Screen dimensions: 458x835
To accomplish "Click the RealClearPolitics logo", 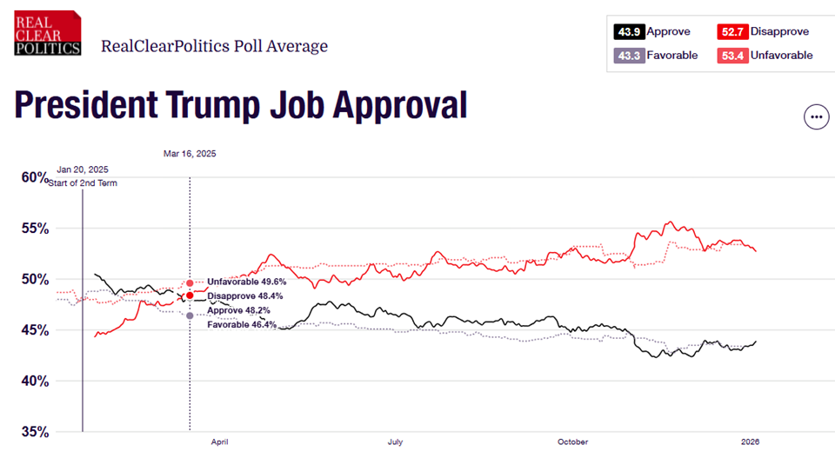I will (x=48, y=34).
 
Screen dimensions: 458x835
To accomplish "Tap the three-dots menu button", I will (x=816, y=116).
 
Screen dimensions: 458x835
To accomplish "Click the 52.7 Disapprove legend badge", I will (x=731, y=32).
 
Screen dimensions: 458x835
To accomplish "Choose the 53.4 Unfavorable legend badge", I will (x=731, y=55).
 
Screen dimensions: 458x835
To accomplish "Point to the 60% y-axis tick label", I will (x=36, y=177).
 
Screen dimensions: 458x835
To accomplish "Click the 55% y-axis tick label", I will (x=36, y=229).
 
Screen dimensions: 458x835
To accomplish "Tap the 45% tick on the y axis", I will (x=36, y=330).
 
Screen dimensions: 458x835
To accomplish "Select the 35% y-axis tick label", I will (x=36, y=432).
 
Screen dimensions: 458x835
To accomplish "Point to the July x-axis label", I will (x=397, y=441).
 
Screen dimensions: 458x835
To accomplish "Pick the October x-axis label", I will (x=574, y=441).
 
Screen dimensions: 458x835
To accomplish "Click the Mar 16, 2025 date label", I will (x=190, y=154).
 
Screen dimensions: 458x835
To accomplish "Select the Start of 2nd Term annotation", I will (x=87, y=183).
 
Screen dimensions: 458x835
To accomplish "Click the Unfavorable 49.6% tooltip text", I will (x=246, y=282).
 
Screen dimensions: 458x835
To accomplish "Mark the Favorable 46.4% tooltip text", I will (x=241, y=324).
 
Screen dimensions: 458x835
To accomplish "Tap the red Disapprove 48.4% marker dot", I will (x=190, y=295).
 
